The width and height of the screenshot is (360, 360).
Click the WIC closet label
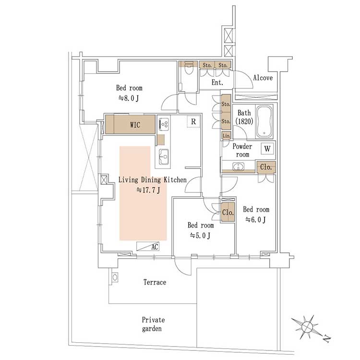135,125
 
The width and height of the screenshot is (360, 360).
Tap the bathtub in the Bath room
264,122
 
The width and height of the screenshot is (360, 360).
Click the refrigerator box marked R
193,121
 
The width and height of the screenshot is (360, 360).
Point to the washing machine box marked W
267,149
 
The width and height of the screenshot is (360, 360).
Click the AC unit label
155,247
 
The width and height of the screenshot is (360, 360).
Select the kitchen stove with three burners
164,124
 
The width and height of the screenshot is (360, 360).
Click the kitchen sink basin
164,156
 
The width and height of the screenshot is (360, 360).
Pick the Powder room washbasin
239,166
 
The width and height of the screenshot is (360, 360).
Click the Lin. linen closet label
226,136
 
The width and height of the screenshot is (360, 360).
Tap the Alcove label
263,78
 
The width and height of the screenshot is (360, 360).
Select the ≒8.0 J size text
129,98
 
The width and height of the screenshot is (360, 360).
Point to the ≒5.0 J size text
200,235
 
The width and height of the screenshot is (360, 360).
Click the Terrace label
155,282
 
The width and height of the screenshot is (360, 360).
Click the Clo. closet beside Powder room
266,167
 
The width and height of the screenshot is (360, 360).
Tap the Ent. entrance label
217,83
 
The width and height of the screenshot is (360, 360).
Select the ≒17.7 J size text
148,190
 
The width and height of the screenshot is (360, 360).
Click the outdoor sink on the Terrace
115,277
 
